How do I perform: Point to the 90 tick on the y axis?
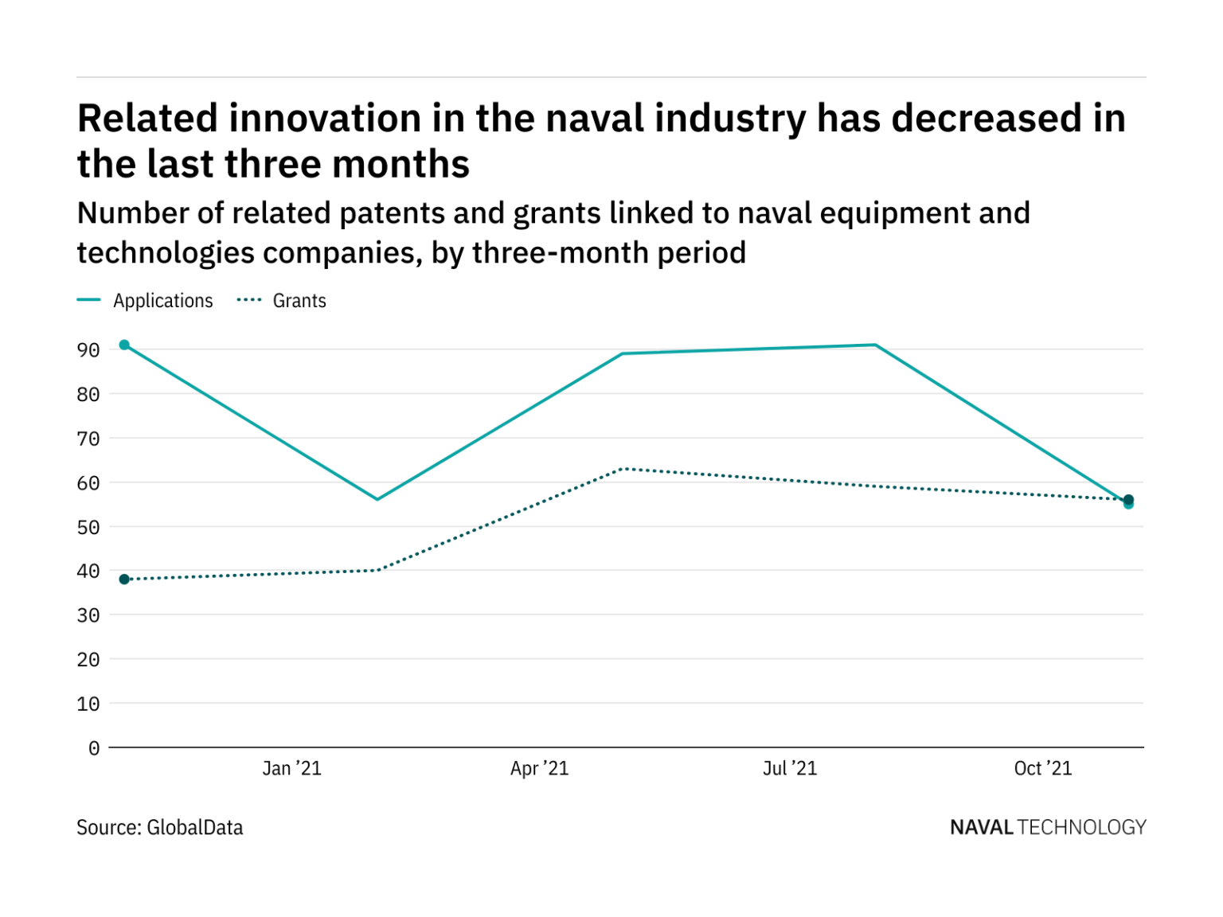click(88, 350)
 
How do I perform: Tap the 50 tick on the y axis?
click(88, 527)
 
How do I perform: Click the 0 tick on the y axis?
click(94, 748)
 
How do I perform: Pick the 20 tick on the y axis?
click(88, 660)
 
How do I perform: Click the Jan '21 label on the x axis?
click(291, 768)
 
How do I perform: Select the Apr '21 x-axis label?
click(539, 768)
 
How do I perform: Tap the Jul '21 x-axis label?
click(789, 768)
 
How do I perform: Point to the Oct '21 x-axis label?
click(1042, 768)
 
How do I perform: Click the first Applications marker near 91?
click(124, 345)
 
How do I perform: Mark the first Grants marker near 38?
click(124, 579)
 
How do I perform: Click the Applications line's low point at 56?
click(377, 499)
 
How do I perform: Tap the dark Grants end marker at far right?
click(1128, 499)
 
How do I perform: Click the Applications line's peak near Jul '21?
click(875, 345)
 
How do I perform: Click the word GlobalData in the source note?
click(195, 828)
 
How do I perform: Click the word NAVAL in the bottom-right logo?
click(981, 828)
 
